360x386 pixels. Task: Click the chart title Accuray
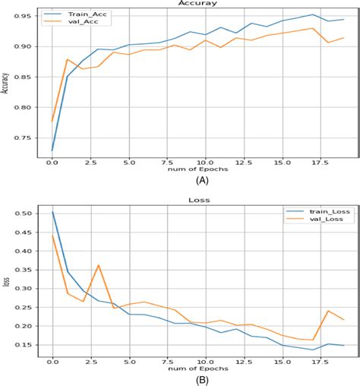pyautogui.click(x=196, y=4)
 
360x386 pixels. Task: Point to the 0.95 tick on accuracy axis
pyautogui.click(x=23, y=16)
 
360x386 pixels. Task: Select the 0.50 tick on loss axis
pyautogui.click(x=23, y=214)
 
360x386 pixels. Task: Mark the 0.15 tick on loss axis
pyautogui.click(x=23, y=345)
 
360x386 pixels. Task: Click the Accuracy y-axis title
pyautogui.click(x=5, y=83)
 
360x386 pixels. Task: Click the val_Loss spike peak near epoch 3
pyautogui.click(x=98, y=265)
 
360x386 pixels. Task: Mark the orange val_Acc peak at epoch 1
pyautogui.click(x=67, y=59)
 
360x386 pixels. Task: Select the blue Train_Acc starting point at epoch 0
pyautogui.click(x=52, y=150)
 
